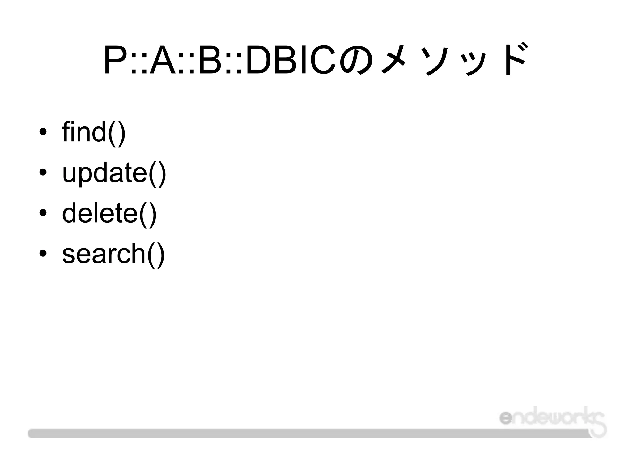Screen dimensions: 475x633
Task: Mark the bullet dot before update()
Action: coord(43,173)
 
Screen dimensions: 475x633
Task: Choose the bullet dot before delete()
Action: coord(43,213)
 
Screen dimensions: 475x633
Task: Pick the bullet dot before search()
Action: coord(43,254)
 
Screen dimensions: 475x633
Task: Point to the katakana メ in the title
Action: coord(394,59)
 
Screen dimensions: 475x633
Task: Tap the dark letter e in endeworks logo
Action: coord(506,418)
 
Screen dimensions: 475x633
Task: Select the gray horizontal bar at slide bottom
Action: coord(309,433)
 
